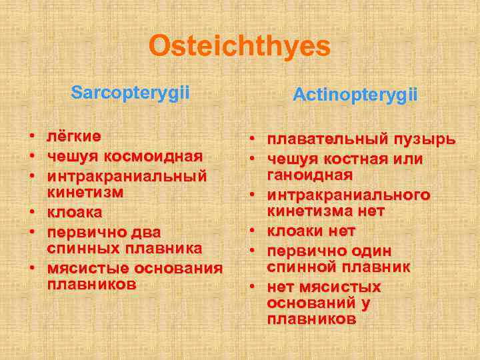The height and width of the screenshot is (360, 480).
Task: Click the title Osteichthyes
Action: pos(239,46)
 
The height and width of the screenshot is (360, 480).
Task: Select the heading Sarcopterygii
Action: pos(130,92)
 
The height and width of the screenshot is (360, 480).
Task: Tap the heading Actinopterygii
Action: pos(355,95)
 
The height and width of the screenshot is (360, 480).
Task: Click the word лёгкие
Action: pos(74,137)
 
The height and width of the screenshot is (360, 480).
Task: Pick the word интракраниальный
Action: pos(127,177)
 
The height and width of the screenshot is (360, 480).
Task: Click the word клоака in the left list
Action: pos(75,213)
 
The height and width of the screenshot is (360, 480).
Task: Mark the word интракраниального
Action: pos(349,195)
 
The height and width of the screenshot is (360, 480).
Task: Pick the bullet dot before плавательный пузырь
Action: pos(253,141)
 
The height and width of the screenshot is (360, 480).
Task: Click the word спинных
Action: pos(80,248)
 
